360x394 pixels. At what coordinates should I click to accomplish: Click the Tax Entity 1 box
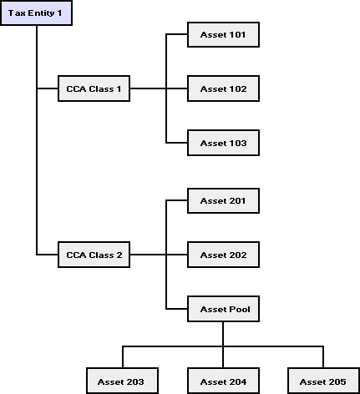(x=36, y=13)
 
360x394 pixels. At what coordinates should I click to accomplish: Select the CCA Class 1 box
(x=94, y=88)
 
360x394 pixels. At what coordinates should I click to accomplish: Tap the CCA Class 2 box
(x=94, y=255)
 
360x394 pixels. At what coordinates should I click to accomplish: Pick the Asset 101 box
(x=223, y=34)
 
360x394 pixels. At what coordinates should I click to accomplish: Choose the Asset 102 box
(x=223, y=88)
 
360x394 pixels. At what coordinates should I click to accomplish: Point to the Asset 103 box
(x=223, y=143)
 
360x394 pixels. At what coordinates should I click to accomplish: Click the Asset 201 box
(x=223, y=200)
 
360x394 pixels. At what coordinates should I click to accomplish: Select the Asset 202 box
(x=223, y=255)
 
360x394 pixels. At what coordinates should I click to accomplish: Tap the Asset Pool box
(x=223, y=309)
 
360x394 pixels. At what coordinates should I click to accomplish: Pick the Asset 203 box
(x=122, y=381)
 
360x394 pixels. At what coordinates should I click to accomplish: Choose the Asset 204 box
(x=223, y=381)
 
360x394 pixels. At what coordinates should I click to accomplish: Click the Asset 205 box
(x=323, y=381)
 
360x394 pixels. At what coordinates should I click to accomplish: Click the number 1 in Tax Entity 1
(x=59, y=13)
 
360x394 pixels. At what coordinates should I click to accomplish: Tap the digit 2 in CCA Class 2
(x=119, y=255)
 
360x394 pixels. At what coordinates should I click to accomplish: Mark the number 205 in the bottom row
(x=337, y=381)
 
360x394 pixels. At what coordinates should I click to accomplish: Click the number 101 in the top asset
(x=236, y=35)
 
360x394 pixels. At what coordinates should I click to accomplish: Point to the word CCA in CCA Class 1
(x=76, y=88)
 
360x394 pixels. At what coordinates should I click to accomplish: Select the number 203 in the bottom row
(x=134, y=381)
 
